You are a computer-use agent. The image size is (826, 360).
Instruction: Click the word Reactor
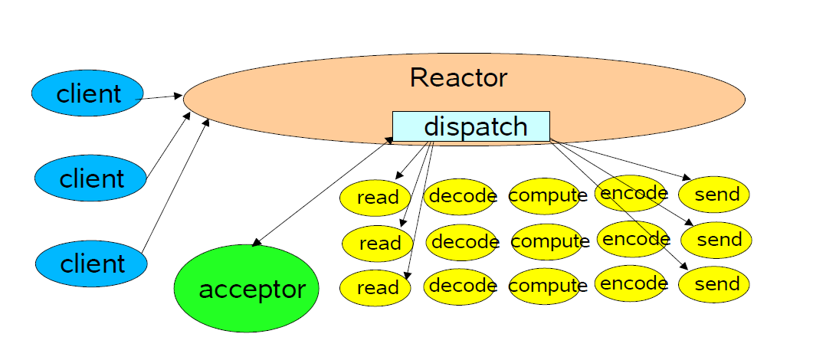tap(458, 78)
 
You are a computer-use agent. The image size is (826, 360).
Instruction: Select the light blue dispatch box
tap(471, 126)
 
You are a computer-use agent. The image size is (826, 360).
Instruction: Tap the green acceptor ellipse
tap(247, 288)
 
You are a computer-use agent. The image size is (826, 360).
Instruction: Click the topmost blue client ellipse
tap(87, 93)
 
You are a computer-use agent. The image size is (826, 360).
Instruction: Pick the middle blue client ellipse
tap(90, 178)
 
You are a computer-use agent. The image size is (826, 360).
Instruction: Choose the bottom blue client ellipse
tap(91, 263)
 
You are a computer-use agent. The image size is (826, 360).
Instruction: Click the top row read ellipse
tap(375, 198)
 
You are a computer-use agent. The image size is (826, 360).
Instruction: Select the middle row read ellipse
tap(377, 243)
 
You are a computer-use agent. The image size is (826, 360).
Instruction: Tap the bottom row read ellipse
tap(375, 287)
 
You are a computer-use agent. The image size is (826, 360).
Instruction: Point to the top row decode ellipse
tap(460, 196)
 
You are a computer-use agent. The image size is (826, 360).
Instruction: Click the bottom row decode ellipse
tap(460, 286)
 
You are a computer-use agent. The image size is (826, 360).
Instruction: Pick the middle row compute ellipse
tap(547, 241)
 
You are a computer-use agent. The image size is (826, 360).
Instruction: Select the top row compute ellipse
tap(545, 196)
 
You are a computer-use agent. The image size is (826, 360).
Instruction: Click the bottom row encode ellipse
tap(631, 283)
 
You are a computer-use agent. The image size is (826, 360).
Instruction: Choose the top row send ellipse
tap(714, 195)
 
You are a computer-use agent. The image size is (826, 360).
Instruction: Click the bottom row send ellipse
tap(714, 284)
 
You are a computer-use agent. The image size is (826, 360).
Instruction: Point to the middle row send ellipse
tap(716, 240)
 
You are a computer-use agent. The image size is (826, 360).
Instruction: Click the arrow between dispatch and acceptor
tap(323, 191)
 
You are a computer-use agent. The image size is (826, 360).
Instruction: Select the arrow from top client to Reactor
tap(159, 97)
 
